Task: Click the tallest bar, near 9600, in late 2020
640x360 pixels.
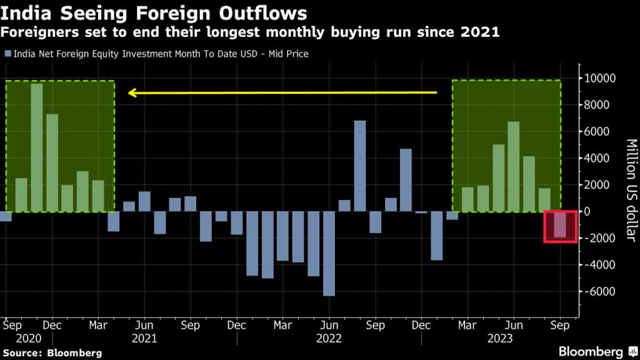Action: pos(37,147)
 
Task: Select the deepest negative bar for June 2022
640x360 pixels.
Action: pos(329,253)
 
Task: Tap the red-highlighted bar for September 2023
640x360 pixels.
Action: pos(559,224)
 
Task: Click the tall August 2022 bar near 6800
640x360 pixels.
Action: pos(359,166)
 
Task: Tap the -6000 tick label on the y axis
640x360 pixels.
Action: pos(598,292)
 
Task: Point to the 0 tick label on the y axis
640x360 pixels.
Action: pos(587,212)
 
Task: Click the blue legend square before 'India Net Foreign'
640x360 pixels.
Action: pos(7,54)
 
